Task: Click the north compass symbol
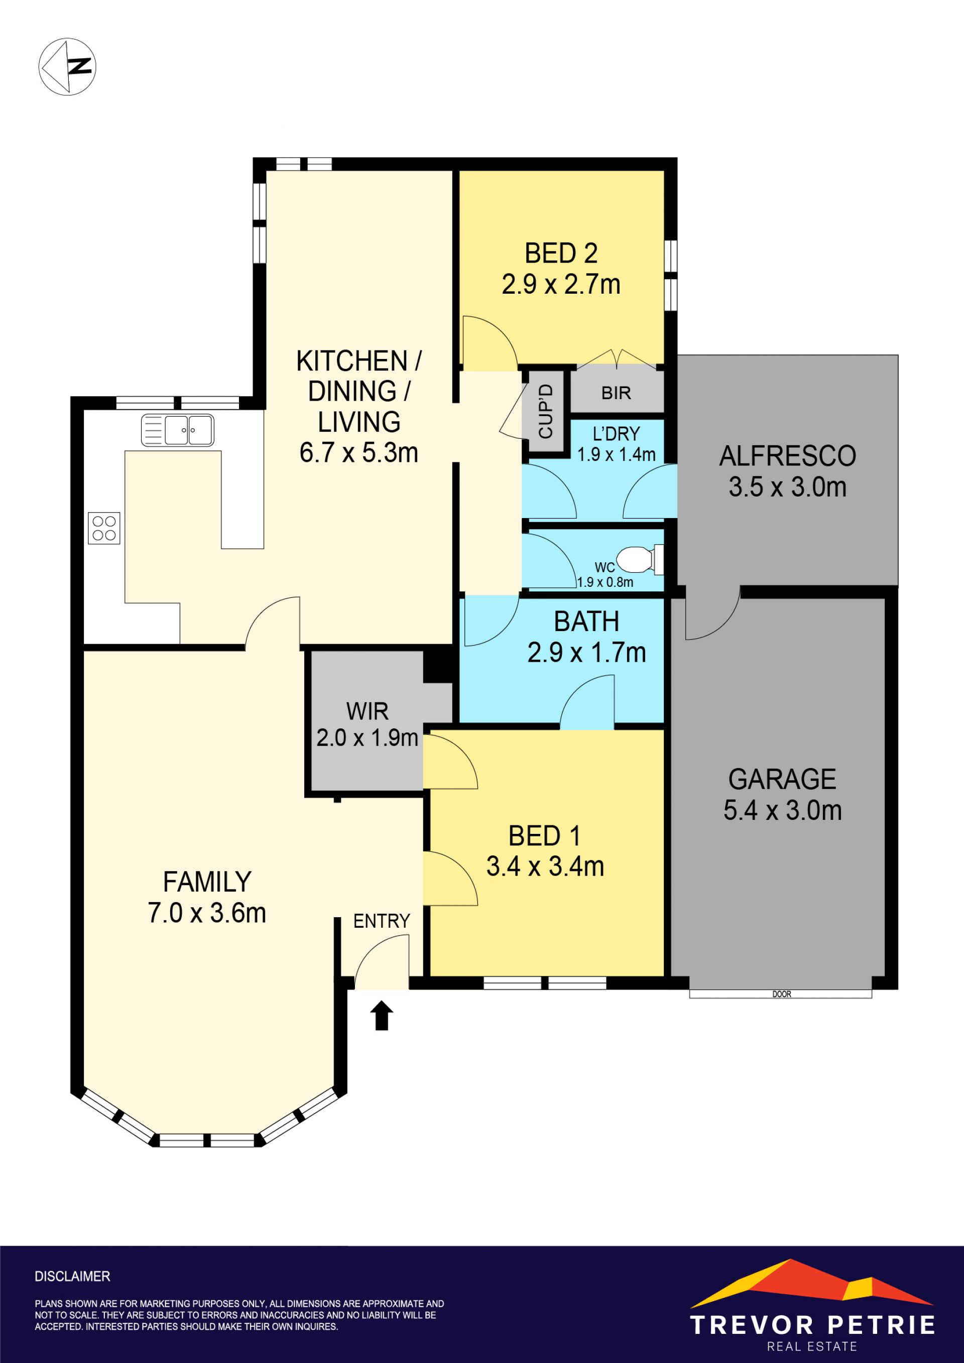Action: click(67, 66)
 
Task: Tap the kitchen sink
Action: click(177, 430)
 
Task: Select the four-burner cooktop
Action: click(104, 528)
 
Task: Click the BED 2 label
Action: click(561, 254)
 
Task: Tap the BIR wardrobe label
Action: click(616, 393)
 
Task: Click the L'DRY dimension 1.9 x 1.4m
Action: click(616, 455)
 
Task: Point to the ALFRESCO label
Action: click(788, 456)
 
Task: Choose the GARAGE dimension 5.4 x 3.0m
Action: click(782, 810)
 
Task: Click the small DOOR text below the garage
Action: click(782, 994)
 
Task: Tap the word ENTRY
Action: click(382, 921)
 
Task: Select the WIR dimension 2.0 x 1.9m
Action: click(368, 738)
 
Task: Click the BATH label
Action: click(586, 622)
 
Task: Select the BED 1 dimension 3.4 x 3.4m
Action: click(545, 866)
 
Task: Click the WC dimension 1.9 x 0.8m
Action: click(605, 582)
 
